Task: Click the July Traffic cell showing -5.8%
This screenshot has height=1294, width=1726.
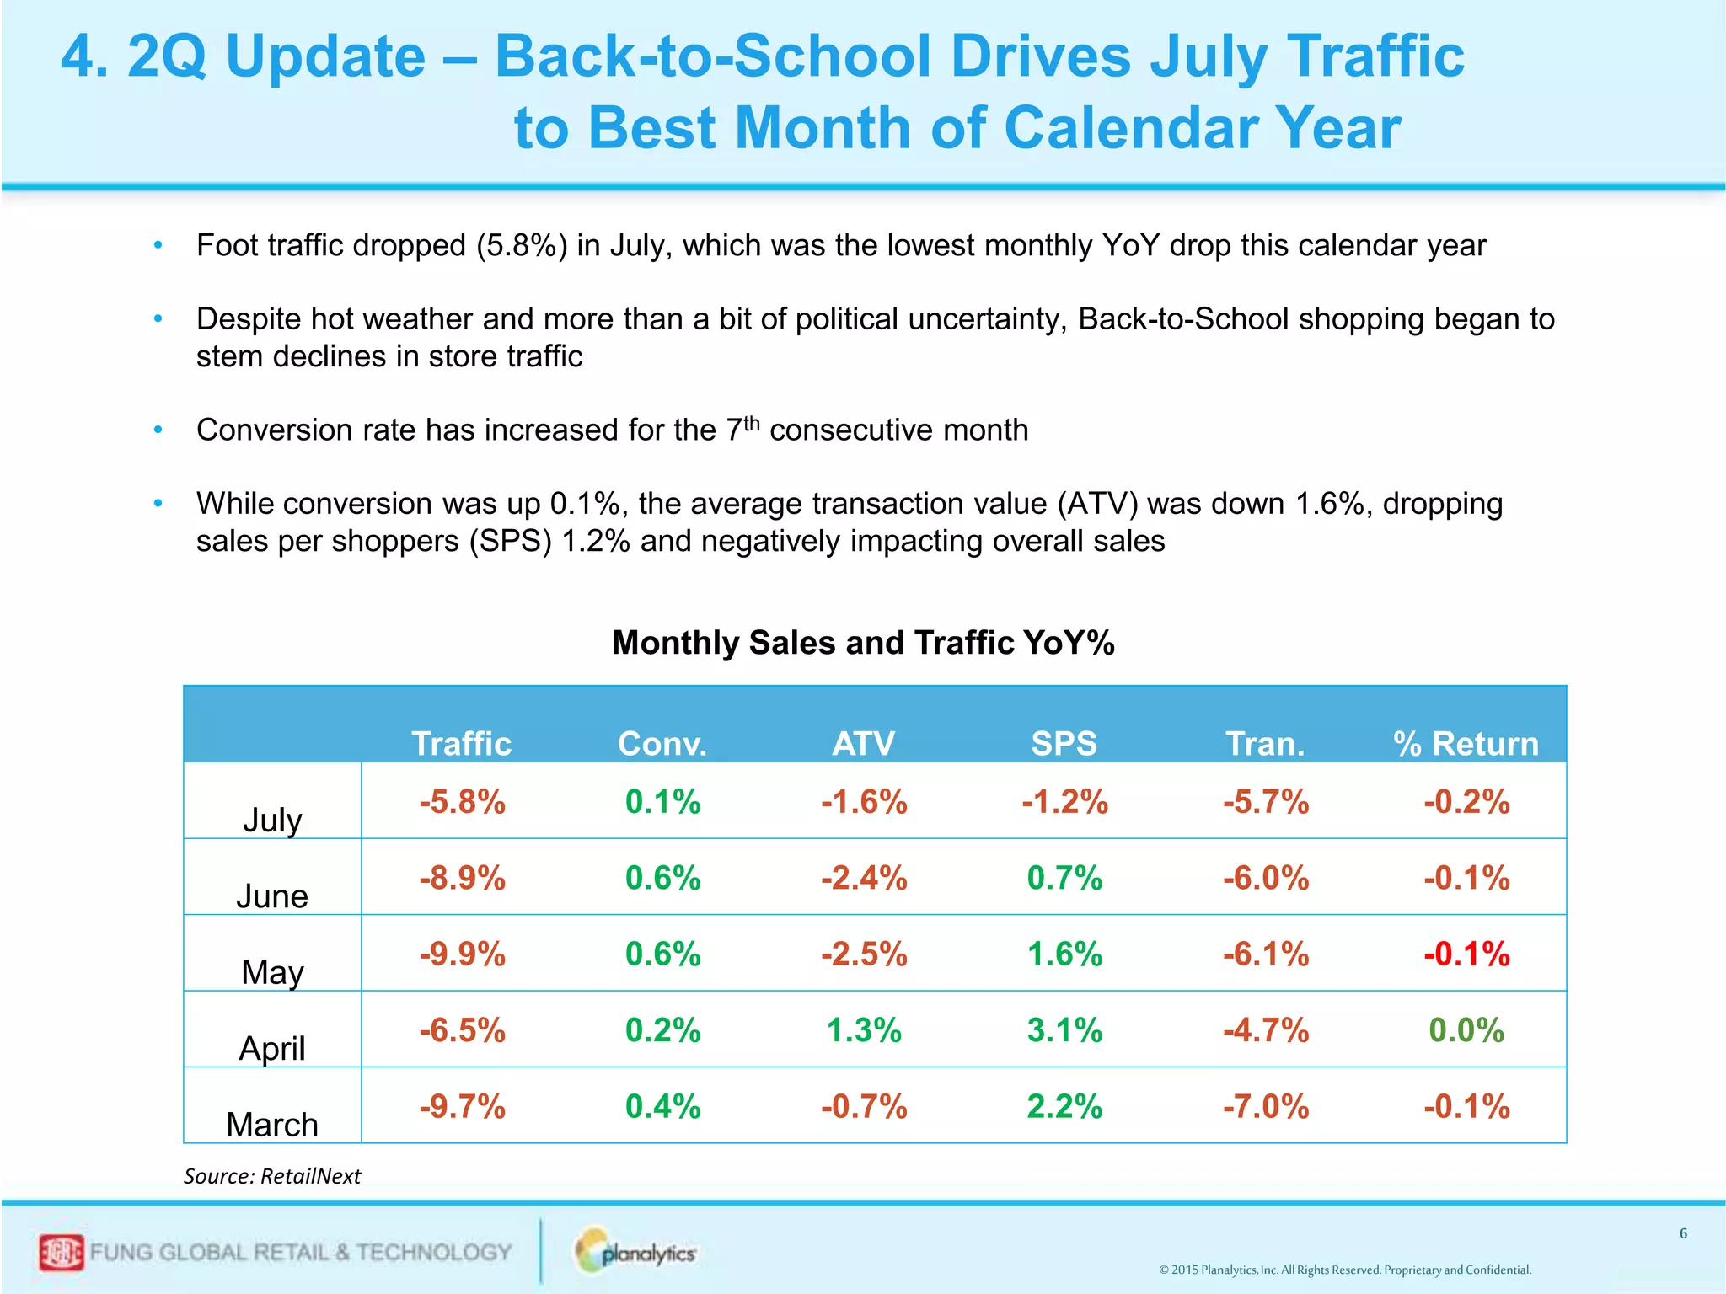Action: click(x=462, y=802)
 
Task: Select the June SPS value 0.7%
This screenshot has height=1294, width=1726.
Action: click(x=1064, y=879)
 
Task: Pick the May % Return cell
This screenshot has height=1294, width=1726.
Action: click(x=1466, y=954)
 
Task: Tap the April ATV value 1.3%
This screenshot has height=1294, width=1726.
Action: click(x=864, y=1030)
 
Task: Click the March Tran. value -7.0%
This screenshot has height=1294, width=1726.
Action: click(x=1266, y=1106)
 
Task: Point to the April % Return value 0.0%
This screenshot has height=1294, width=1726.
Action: click(x=1466, y=1030)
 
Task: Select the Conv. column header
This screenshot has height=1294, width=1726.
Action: click(x=662, y=744)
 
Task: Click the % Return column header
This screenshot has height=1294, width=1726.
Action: click(x=1466, y=744)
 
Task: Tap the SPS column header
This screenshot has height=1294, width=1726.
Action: click(x=1064, y=744)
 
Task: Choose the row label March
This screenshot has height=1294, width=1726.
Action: click(x=272, y=1125)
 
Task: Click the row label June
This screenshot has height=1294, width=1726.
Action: click(x=272, y=896)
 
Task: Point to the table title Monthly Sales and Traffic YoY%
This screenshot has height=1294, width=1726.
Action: click(x=863, y=643)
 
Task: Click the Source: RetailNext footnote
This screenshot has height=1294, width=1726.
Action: click(x=272, y=1176)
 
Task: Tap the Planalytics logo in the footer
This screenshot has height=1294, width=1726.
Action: click(x=636, y=1253)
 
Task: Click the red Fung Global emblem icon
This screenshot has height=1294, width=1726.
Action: click(x=62, y=1253)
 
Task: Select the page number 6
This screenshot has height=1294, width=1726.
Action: click(x=1683, y=1233)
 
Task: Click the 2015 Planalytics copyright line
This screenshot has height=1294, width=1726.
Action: click(x=1345, y=1270)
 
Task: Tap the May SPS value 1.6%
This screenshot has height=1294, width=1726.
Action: click(x=1064, y=954)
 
